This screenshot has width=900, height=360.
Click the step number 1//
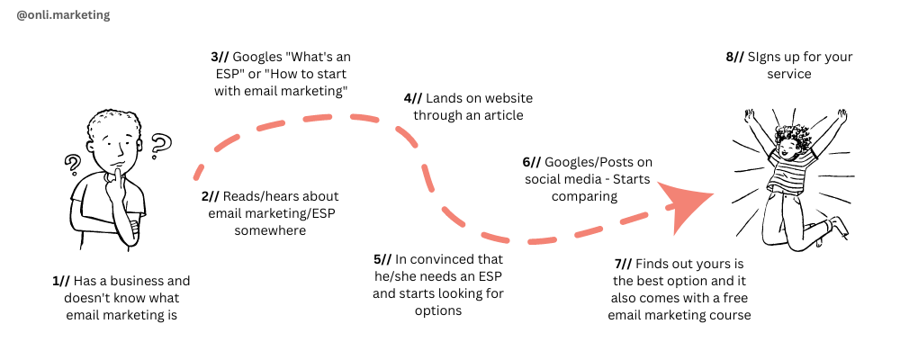click(61, 281)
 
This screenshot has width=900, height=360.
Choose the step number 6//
click(532, 161)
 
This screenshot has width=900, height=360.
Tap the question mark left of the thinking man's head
click(71, 165)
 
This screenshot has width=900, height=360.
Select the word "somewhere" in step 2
click(270, 230)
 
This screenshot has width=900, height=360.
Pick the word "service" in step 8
click(789, 74)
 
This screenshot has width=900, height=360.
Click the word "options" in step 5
click(437, 310)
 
